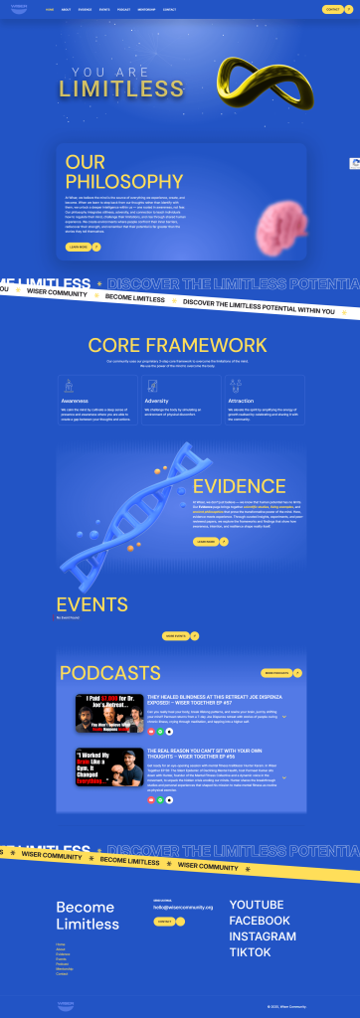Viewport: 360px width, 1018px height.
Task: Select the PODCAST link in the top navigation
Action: point(123,9)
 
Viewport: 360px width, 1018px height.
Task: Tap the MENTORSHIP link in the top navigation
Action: point(146,9)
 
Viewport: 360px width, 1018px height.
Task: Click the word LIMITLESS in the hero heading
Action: point(107,89)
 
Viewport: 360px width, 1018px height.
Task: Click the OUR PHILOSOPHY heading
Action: point(123,172)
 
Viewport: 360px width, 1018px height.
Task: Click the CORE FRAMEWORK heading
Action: point(178,345)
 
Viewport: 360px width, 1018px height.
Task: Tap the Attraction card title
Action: point(241,402)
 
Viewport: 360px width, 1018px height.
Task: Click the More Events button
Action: point(175,635)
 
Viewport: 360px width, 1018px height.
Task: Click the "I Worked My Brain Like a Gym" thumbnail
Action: point(107,766)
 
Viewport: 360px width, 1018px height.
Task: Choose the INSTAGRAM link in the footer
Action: point(262,936)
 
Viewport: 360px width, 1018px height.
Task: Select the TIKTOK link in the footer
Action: point(250,952)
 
